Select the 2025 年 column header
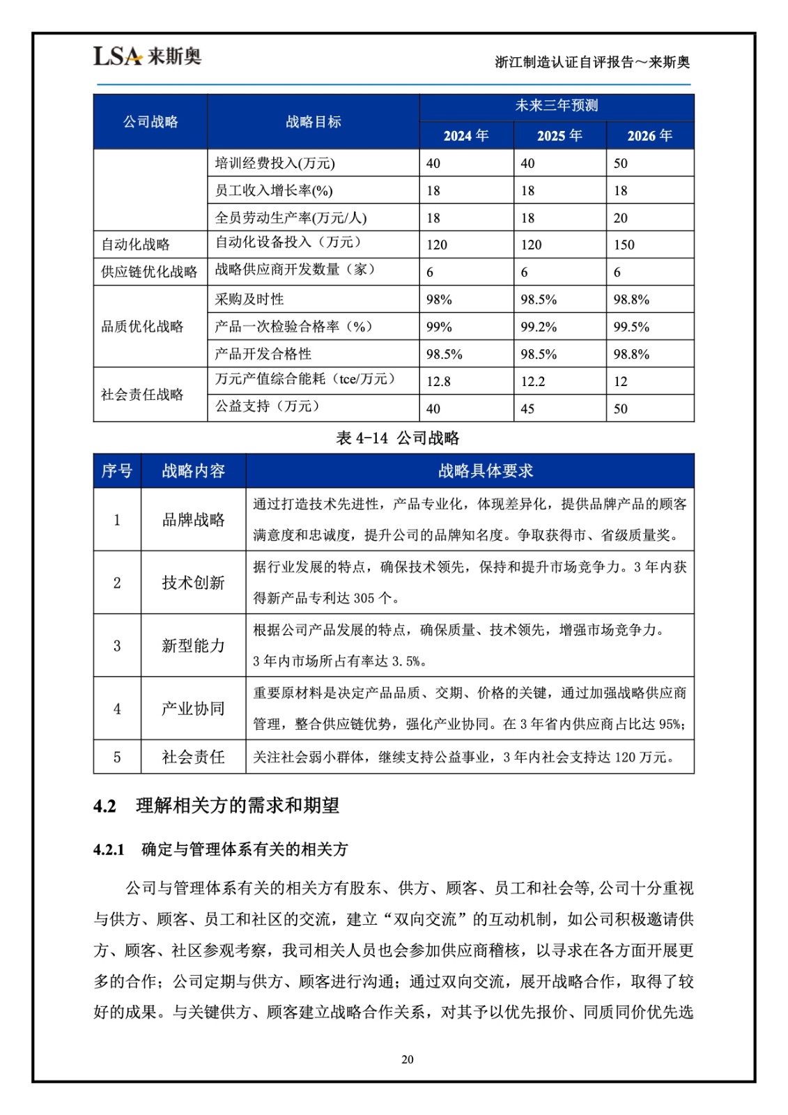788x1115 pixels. click(559, 136)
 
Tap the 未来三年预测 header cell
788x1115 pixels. click(556, 106)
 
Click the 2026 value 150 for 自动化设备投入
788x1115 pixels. click(624, 245)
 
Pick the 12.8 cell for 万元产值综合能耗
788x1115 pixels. click(438, 381)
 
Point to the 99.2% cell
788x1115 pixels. click(539, 327)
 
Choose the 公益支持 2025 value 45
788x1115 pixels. click(527, 408)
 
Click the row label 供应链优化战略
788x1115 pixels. click(149, 272)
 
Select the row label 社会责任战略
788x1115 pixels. click(143, 394)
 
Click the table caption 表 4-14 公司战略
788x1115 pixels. click(398, 438)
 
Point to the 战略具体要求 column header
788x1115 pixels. click(485, 471)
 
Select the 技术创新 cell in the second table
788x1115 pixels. click(193, 583)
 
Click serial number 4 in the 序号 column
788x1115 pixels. click(117, 709)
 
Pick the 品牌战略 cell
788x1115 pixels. click(193, 520)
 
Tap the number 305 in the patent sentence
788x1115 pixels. click(364, 598)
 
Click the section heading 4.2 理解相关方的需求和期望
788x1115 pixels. click(216, 806)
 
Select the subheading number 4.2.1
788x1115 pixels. click(109, 849)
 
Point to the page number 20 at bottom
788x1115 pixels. click(408, 1059)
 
